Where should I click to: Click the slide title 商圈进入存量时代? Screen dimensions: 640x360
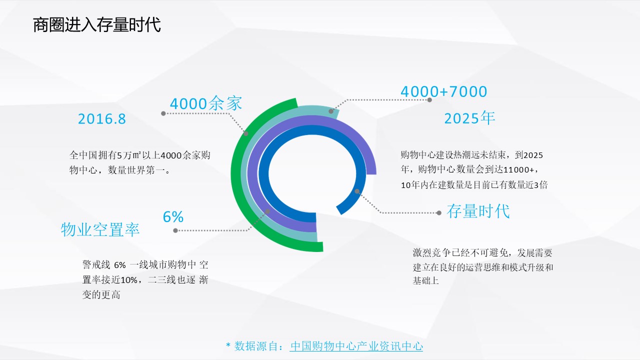click(97, 25)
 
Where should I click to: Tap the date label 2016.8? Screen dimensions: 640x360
click(101, 119)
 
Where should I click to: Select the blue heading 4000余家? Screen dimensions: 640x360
click(206, 103)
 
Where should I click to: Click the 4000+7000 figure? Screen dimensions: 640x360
click(443, 91)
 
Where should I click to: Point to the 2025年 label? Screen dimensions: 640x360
click(469, 118)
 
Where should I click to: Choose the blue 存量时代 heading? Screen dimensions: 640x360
click(478, 211)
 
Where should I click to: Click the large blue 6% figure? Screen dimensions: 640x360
click(173, 217)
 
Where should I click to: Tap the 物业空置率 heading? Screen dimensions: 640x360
click(100, 229)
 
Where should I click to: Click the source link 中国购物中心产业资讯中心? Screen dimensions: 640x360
click(356, 346)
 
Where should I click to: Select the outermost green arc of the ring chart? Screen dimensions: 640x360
click(236, 174)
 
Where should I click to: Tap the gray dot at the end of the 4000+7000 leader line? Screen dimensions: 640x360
click(429, 99)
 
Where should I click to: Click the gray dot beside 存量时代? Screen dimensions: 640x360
click(439, 213)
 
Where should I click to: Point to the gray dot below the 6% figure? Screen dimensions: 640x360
click(175, 230)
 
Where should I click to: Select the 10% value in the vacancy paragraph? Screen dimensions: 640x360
click(129, 280)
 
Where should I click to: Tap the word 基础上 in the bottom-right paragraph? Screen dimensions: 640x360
click(425, 281)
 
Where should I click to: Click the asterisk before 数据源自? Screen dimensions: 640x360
click(228, 345)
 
